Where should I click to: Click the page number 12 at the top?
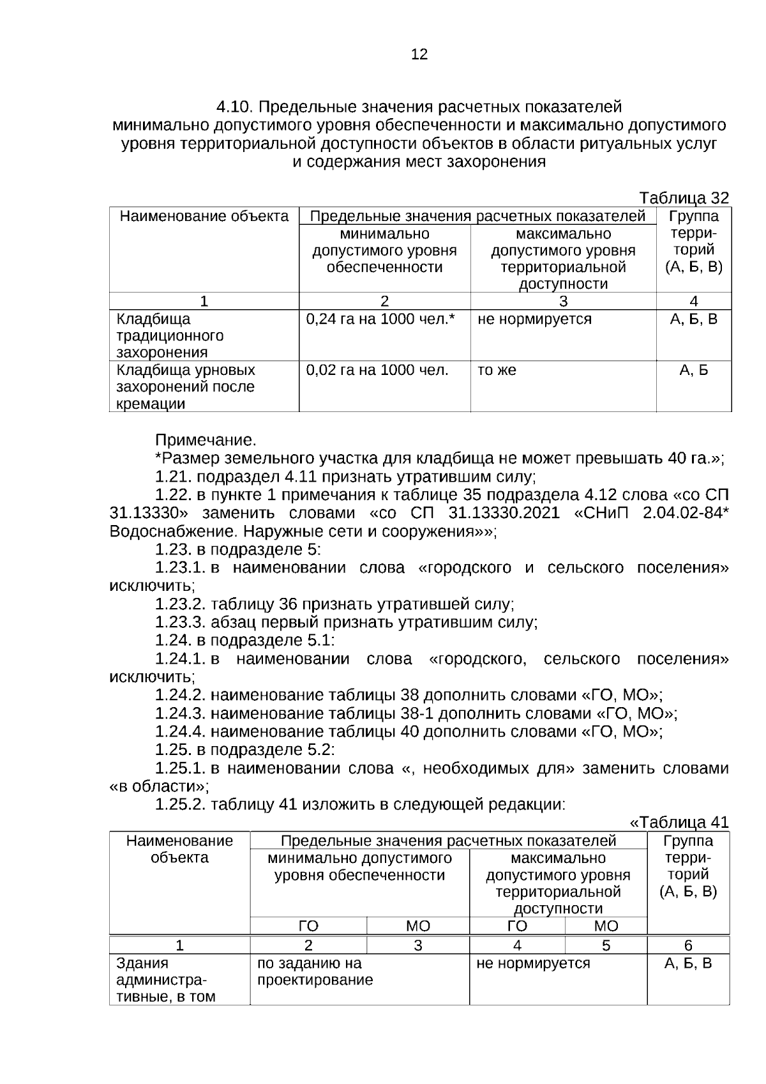point(419,54)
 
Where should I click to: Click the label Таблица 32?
point(684,198)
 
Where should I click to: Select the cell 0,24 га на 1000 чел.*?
point(380,319)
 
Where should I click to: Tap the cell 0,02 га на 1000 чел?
point(377,370)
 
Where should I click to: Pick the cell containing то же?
point(497,370)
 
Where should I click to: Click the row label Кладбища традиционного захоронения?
point(170,335)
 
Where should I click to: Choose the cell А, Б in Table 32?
point(694,370)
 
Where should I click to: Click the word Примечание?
point(206,440)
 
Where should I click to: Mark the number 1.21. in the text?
point(174,477)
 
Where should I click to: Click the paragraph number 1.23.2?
point(181,604)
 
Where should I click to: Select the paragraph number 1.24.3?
point(181,714)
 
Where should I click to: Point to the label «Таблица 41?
point(679,823)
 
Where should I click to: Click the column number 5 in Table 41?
point(606,945)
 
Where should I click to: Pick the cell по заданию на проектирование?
point(315,971)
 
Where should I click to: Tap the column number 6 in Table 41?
point(688,945)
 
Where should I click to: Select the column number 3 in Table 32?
point(563,301)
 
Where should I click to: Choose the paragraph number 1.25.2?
point(181,804)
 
